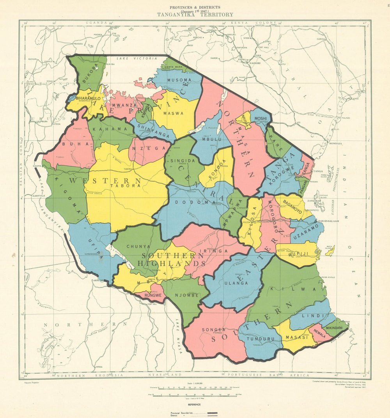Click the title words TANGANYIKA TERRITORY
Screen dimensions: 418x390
tap(195, 15)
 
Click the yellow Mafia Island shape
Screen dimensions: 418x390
tap(330, 251)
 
